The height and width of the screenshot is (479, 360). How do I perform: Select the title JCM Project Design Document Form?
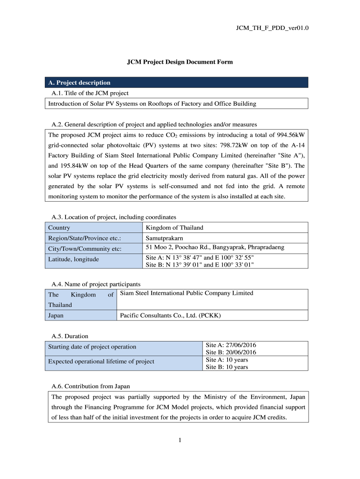(180, 62)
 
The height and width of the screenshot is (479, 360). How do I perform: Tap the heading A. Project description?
(79, 83)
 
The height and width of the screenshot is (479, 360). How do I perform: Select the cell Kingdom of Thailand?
(174, 228)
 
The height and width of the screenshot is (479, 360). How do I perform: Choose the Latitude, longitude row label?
(73, 259)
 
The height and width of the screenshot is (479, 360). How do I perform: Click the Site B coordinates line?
(200, 264)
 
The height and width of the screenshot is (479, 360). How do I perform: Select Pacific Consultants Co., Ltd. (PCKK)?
(170, 316)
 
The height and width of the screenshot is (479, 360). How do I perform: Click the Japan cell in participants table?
(56, 316)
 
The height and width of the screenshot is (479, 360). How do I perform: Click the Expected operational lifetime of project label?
(101, 362)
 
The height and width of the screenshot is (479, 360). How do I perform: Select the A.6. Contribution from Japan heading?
(91, 386)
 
